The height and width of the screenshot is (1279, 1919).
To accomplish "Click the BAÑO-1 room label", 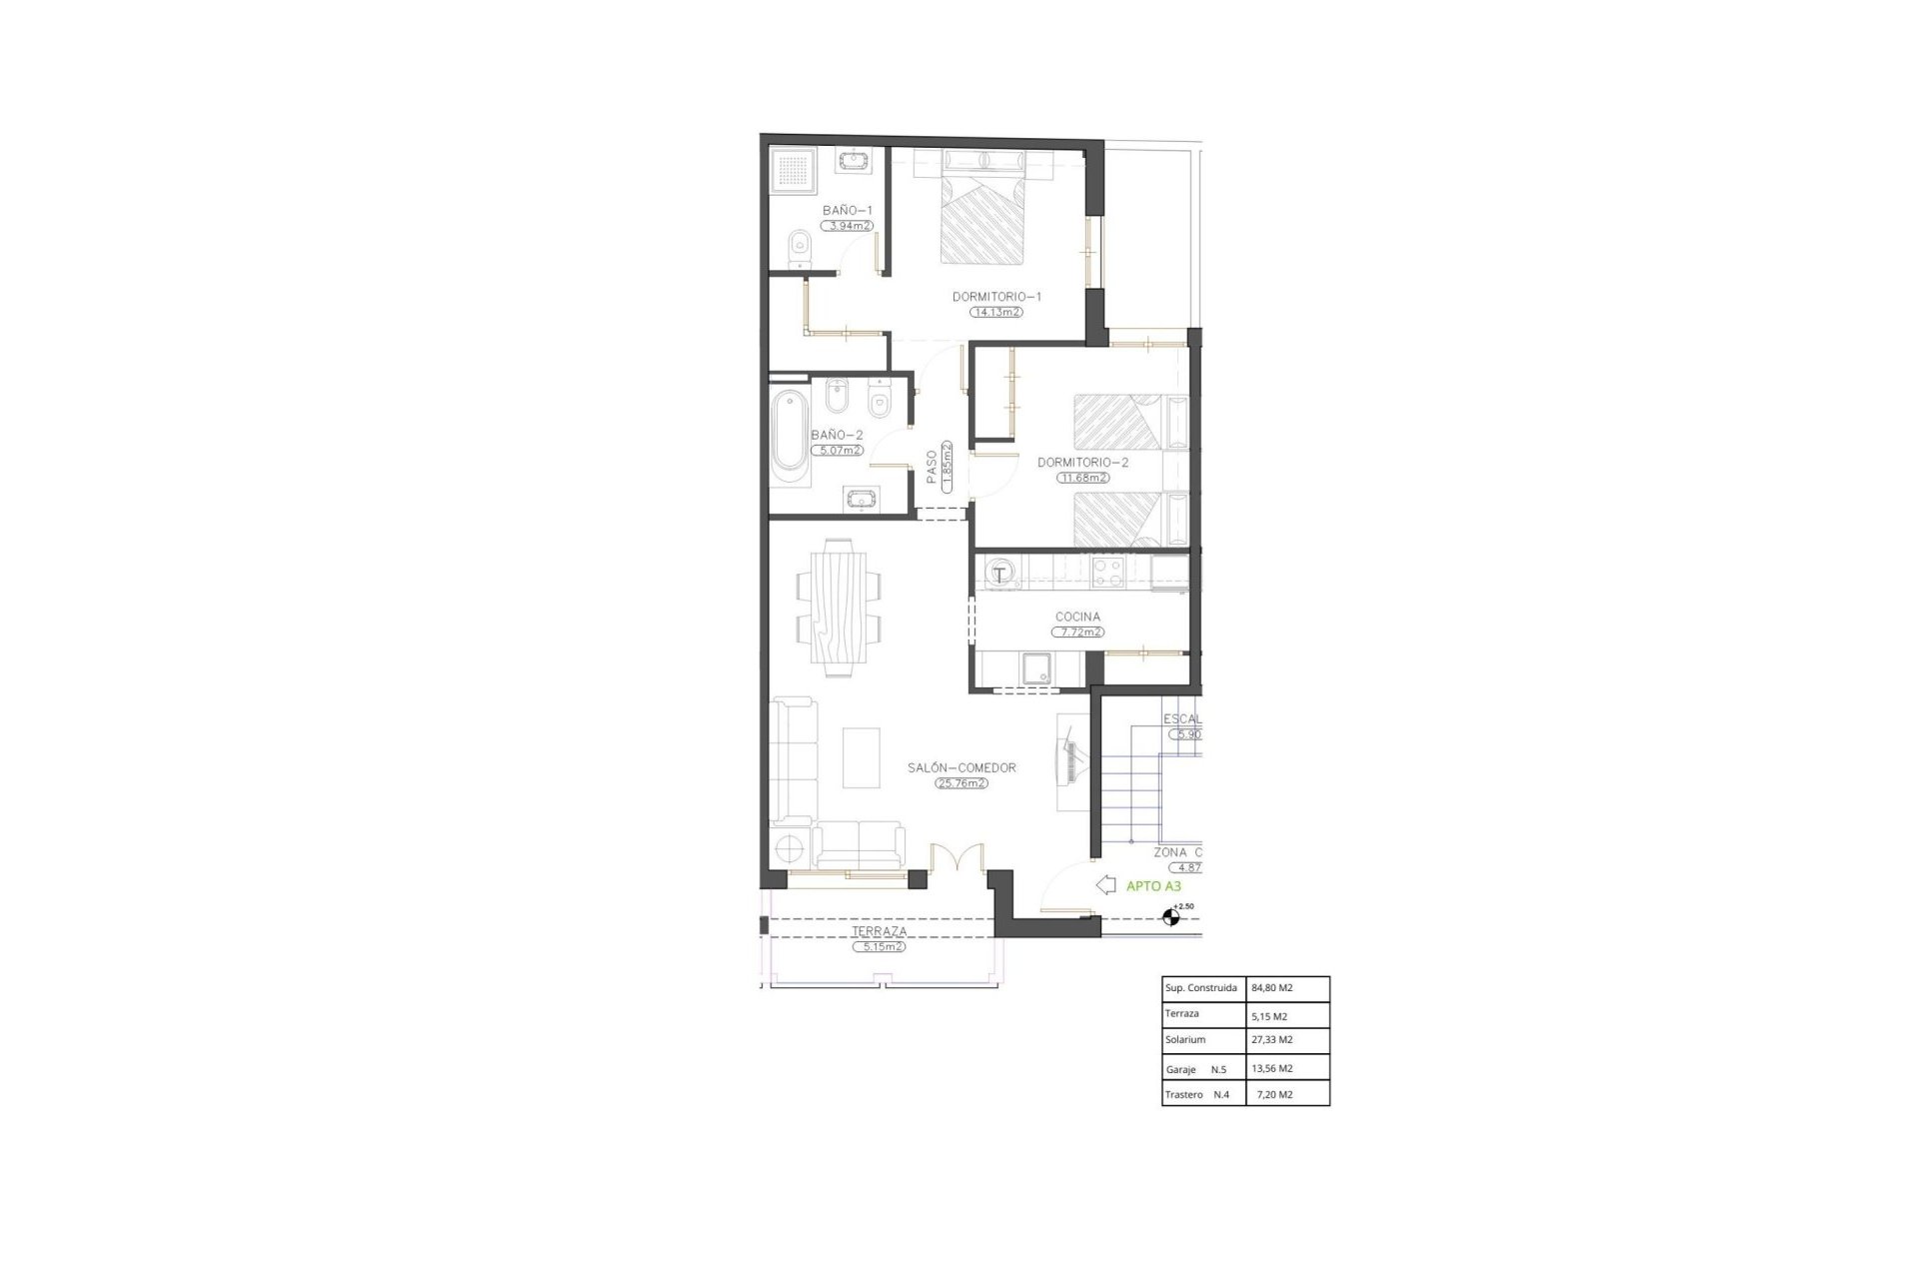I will pos(848,210).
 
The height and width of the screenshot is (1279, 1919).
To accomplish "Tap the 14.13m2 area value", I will pos(996,312).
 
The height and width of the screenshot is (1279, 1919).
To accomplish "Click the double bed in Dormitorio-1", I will pos(983,220).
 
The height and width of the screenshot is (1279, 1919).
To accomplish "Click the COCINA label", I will pos(1077,618).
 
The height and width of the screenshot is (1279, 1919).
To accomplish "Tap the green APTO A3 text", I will pos(1153,885).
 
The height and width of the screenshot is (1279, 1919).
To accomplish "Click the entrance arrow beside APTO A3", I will pos(1106,884).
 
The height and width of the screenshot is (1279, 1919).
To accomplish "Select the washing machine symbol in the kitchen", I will pos(1000,574).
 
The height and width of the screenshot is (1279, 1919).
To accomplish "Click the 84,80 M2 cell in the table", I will pos(1272,988).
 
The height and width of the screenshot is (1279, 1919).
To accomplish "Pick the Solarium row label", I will pos(1185,1040).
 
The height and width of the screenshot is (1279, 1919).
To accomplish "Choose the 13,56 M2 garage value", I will pos(1272,1068).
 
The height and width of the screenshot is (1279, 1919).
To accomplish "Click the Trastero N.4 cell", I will pos(1197,1094).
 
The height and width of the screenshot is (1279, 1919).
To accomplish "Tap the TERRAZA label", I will pos(880,931).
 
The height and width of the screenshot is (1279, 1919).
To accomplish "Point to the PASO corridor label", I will pos(933,467).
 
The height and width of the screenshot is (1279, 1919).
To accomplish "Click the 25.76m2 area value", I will pos(961,783).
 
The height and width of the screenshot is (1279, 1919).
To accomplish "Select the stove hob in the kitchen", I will pos(1106,573).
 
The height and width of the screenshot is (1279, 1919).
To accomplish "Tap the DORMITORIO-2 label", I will pos(1082,463).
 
